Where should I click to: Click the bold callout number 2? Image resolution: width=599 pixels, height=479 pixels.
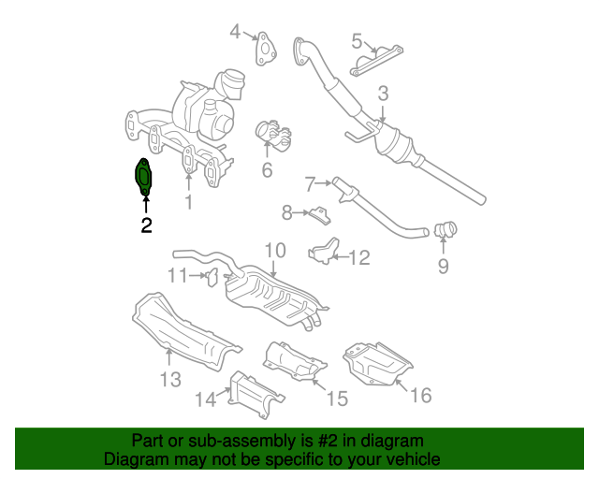point(145,225)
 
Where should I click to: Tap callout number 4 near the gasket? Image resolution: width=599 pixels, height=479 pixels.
point(236,33)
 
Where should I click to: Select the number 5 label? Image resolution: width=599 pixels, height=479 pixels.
point(357,40)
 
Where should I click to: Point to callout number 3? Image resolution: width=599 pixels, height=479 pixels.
point(383,93)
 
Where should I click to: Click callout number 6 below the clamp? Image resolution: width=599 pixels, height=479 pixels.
point(267,170)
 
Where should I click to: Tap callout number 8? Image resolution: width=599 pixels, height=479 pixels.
point(287,213)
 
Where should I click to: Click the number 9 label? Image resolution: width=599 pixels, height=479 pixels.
point(443,267)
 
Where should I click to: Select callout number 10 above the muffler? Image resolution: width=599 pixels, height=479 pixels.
point(273,250)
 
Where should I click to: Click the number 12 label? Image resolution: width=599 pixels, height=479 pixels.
point(359,256)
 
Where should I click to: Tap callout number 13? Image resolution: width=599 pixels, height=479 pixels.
point(169,379)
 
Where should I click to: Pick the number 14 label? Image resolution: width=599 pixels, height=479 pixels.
point(206,400)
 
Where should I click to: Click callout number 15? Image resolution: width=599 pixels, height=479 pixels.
point(336,399)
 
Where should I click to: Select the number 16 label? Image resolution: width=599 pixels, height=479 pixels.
point(420,396)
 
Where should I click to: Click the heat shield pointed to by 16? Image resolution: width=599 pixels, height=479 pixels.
point(377,363)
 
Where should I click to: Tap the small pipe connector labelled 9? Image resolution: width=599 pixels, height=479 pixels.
point(446,227)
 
